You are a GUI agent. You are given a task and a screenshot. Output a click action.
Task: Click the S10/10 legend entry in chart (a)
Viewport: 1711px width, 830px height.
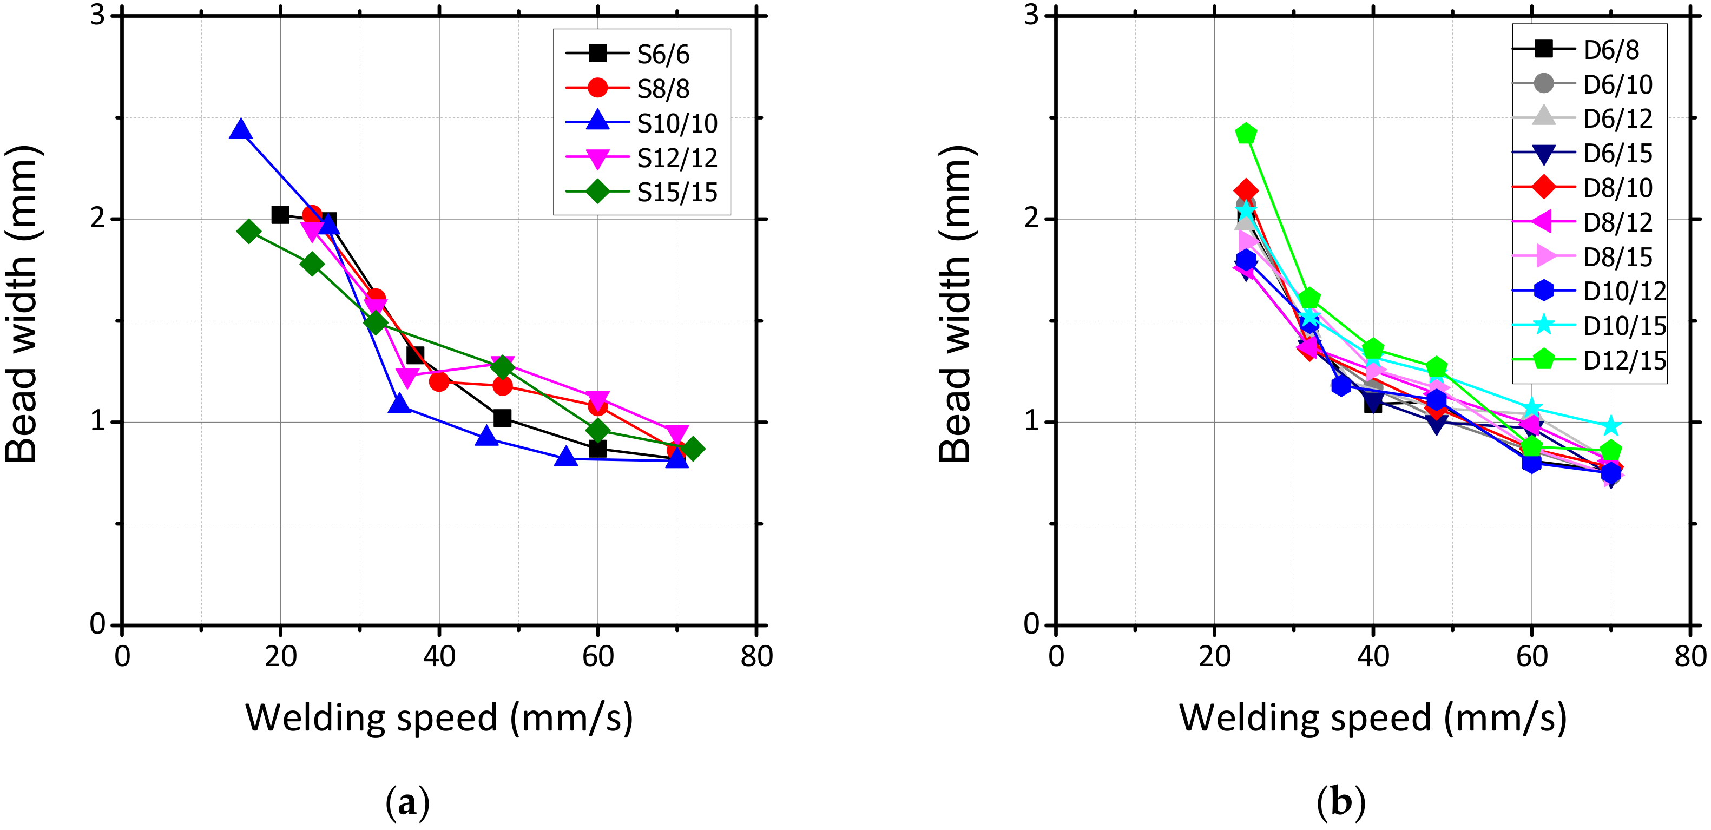click(676, 123)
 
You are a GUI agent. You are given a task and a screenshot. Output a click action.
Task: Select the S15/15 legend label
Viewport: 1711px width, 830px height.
click(676, 193)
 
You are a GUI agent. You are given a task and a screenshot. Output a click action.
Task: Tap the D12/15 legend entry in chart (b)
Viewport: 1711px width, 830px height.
click(1624, 360)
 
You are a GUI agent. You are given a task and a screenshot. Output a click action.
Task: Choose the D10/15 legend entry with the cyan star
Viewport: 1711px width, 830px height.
click(1624, 326)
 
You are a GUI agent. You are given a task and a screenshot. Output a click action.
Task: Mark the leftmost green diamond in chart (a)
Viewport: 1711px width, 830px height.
click(248, 231)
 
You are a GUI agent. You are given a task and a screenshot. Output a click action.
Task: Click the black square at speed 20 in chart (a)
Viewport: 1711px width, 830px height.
click(280, 214)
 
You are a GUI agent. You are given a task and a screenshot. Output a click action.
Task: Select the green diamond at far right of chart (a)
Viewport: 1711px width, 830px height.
click(693, 449)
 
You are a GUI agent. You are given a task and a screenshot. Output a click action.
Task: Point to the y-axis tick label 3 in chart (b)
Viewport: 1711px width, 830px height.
click(1031, 15)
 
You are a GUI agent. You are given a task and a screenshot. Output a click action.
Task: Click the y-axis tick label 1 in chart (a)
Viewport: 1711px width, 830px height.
click(97, 421)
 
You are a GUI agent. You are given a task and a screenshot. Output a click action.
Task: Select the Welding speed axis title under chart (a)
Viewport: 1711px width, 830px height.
click(438, 719)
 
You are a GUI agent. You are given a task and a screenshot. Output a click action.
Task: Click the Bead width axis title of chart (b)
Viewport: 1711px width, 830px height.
click(955, 304)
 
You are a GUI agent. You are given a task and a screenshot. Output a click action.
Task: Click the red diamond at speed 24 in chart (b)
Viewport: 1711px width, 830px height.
click(1246, 191)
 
